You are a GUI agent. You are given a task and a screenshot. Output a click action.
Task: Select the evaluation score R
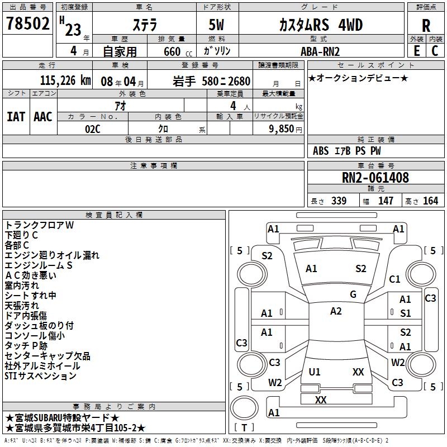click(x=426, y=25)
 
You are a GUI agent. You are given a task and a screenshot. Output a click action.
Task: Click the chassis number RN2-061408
click(x=375, y=178)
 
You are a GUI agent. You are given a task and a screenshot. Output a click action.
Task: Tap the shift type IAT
click(x=16, y=117)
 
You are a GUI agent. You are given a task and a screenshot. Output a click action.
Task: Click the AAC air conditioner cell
click(x=43, y=117)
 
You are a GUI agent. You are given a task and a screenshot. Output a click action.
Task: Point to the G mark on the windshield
click(x=353, y=294)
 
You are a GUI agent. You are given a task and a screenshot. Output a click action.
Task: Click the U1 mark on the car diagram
click(x=315, y=372)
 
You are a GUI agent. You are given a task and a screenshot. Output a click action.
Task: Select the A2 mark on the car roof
click(x=336, y=311)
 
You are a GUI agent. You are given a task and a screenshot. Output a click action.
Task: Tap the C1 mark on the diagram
click(x=394, y=279)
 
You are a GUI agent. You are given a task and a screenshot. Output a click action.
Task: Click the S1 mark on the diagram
click(x=405, y=313)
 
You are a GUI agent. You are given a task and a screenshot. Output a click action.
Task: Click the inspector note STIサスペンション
click(x=40, y=376)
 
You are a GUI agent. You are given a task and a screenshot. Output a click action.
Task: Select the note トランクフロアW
click(x=39, y=225)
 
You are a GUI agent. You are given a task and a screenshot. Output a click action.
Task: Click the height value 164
click(x=430, y=201)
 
